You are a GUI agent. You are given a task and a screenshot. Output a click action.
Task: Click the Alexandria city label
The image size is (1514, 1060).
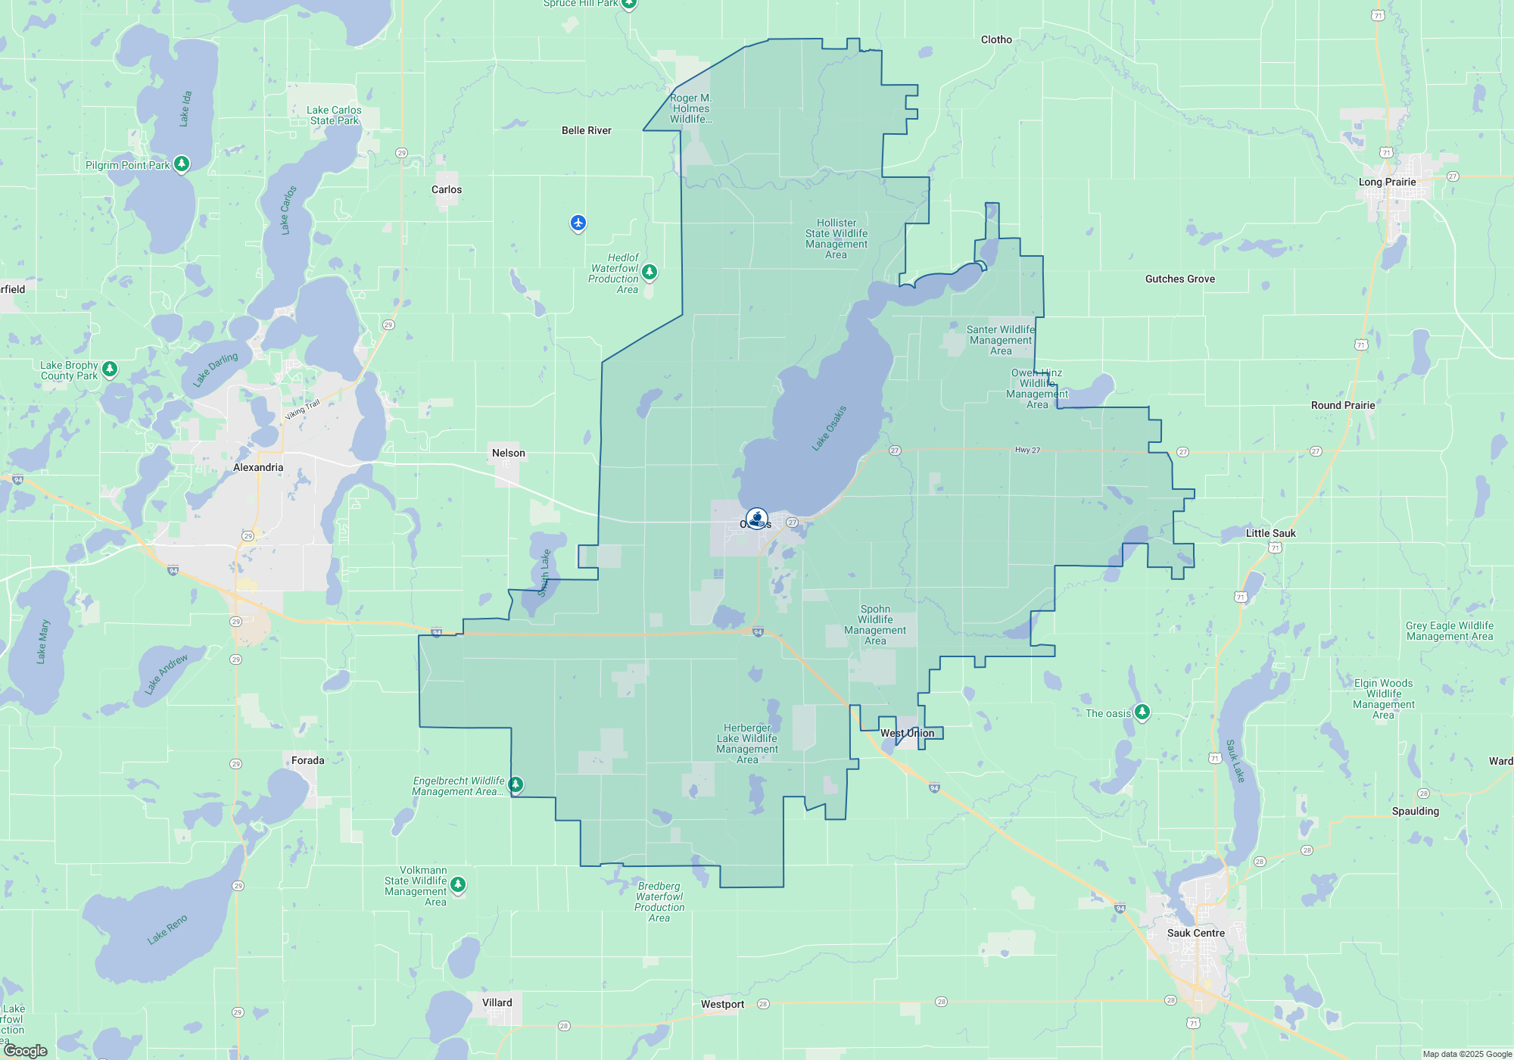258,467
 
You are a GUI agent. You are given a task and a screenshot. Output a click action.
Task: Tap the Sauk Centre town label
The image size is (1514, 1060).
1195,933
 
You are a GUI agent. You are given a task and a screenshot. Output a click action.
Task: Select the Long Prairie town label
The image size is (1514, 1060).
1387,182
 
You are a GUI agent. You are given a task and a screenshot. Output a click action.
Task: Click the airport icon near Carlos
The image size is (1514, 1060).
578,223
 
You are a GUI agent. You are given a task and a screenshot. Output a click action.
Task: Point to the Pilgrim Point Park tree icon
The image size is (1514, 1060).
181,164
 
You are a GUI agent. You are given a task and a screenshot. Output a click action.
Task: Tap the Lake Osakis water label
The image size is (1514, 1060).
829,429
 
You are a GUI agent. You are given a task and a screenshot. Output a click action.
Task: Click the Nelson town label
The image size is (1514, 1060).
508,453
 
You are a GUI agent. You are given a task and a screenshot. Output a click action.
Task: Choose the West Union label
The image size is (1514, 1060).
907,733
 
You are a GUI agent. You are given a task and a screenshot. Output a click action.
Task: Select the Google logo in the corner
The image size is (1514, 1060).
26,1050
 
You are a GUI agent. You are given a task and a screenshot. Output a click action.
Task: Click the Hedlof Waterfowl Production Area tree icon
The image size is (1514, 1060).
649,271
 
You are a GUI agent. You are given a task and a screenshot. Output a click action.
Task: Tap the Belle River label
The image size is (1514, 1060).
586,130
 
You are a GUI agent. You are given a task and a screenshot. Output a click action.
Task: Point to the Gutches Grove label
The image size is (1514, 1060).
1179,279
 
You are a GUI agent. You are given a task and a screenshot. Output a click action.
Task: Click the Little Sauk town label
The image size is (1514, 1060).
1270,533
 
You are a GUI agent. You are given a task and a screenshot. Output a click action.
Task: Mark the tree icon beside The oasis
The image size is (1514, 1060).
1142,712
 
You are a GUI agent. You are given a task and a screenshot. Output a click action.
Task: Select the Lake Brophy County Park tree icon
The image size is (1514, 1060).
110,369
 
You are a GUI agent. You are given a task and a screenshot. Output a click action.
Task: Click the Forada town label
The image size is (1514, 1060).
307,760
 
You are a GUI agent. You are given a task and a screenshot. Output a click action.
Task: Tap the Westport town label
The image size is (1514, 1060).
722,1004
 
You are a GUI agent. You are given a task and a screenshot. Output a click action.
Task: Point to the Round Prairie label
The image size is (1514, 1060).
1342,405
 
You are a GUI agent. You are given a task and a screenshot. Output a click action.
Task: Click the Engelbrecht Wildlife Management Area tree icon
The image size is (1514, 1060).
516,784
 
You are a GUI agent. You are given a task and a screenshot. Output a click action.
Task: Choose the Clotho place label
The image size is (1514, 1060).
996,39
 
